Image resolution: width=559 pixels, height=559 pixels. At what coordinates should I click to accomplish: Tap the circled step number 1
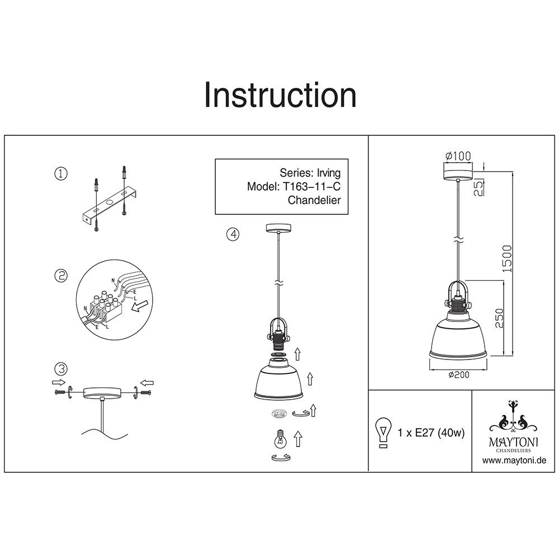pos(61,174)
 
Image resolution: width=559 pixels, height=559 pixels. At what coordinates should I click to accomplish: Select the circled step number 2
pos(61,275)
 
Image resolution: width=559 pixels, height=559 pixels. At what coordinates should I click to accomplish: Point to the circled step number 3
pos(61,368)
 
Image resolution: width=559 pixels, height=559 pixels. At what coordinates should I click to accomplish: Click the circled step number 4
pos(233,234)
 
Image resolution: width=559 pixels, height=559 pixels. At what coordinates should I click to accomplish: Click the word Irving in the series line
pos(329,173)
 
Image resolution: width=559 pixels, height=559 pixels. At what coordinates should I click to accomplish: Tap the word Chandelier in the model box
pos(314,200)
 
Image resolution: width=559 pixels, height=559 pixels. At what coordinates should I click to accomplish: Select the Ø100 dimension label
pos(458,156)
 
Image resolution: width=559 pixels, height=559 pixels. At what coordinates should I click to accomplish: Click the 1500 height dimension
pos(507,259)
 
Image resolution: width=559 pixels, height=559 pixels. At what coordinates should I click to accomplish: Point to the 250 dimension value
pos(499,319)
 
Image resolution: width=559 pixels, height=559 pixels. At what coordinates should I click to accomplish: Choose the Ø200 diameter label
pos(458,375)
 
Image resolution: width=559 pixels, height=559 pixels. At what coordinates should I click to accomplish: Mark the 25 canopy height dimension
pos(479,187)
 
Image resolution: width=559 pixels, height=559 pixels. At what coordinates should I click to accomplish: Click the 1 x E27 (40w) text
pos(431,433)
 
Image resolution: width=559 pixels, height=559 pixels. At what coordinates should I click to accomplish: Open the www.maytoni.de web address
pos(514,461)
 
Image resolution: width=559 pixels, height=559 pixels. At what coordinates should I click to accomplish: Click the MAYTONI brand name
pos(514,442)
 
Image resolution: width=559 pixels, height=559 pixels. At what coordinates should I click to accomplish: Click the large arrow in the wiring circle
pos(139,306)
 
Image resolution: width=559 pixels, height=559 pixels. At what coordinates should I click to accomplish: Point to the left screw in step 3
pos(60,392)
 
